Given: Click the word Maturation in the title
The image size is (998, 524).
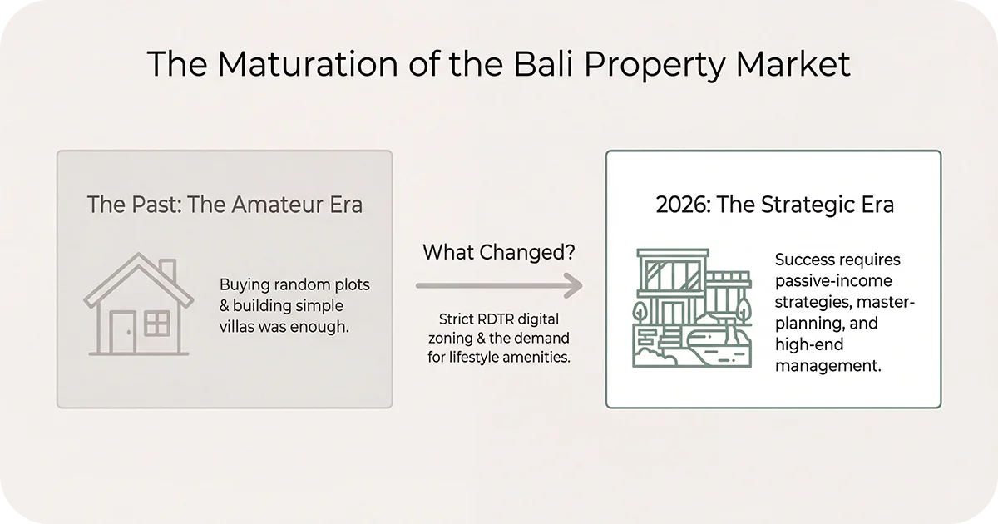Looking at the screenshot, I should (284, 64).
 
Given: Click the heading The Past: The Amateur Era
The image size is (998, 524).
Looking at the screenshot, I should (225, 204).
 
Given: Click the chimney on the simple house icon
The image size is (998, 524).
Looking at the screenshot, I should (166, 270).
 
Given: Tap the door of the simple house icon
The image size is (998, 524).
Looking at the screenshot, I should (123, 330).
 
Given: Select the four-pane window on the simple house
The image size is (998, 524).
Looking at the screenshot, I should (156, 323).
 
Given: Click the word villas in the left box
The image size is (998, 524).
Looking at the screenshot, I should (241, 327).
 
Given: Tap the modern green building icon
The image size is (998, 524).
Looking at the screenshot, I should (690, 308).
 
